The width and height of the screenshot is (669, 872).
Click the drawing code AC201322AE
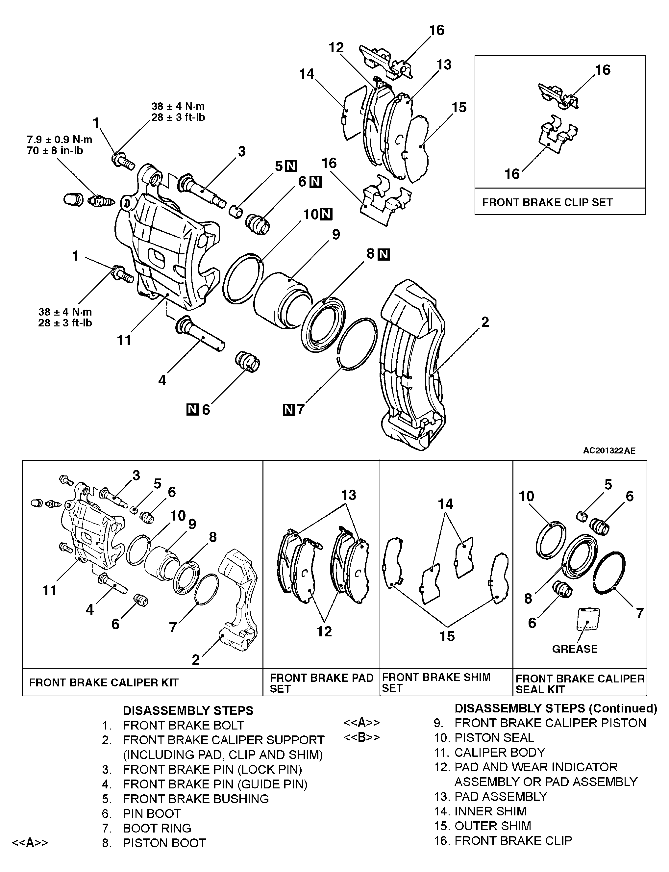click(x=609, y=450)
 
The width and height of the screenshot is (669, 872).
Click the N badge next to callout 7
click(x=289, y=409)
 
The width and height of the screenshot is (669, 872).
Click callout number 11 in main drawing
click(x=124, y=340)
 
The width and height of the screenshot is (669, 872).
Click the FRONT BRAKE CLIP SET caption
click(x=547, y=202)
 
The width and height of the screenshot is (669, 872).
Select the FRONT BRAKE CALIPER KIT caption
click(x=104, y=682)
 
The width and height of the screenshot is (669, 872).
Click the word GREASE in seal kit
click(x=575, y=649)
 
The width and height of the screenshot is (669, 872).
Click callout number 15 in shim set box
click(x=447, y=636)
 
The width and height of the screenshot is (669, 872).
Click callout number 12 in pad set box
click(x=324, y=631)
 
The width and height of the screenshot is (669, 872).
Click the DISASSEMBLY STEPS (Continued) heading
click(x=556, y=708)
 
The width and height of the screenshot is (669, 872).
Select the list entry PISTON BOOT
click(x=164, y=843)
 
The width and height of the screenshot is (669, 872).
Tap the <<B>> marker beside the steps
click(x=361, y=737)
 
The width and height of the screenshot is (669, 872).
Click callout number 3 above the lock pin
click(x=242, y=151)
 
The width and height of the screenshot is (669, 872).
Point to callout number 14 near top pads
click(x=307, y=74)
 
